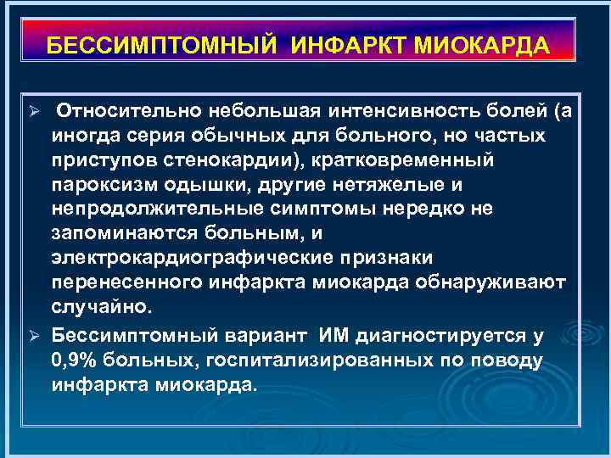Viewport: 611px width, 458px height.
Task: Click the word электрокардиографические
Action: (192, 256)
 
